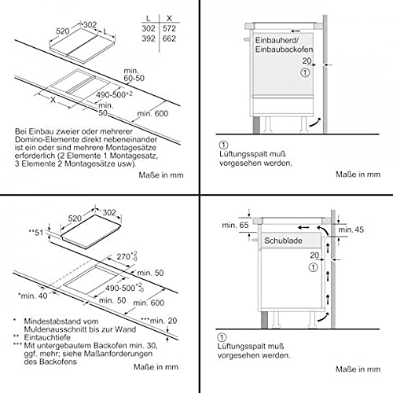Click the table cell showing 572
pyautogui.click(x=169, y=28)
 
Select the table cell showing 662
pyautogui.click(x=169, y=39)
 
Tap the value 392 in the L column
pyautogui.click(x=149, y=39)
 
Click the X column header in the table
pyautogui.click(x=169, y=18)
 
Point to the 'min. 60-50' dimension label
pyautogui.click(x=134, y=75)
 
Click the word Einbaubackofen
pyautogui.click(x=284, y=50)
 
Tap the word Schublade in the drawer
pyautogui.click(x=283, y=241)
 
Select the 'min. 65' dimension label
pyautogui.click(x=235, y=225)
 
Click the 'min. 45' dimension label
pyautogui.click(x=351, y=230)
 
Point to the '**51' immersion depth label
pyautogui.click(x=36, y=233)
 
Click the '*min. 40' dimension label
pyautogui.click(x=33, y=296)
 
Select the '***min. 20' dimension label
pyautogui.click(x=159, y=321)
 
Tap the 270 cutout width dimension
pyautogui.click(x=127, y=256)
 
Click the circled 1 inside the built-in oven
pyautogui.click(x=305, y=72)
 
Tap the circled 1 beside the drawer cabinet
pyautogui.click(x=314, y=267)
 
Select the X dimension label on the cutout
pyautogui.click(x=53, y=100)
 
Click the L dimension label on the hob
pyautogui.click(x=105, y=31)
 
